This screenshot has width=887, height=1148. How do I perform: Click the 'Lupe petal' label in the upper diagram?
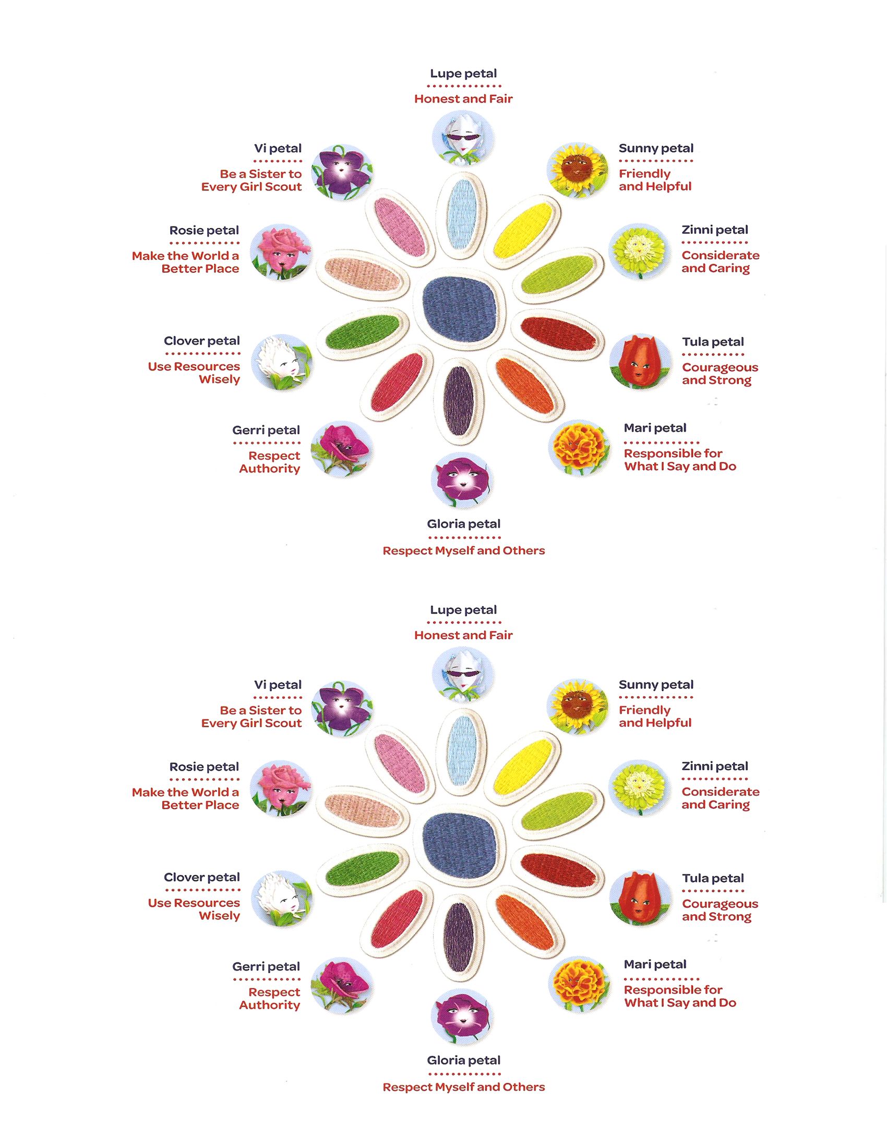pyautogui.click(x=463, y=74)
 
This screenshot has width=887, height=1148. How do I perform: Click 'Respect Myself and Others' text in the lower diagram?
pyautogui.click(x=464, y=1087)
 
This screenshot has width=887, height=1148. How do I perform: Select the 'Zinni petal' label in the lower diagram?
pyautogui.click(x=715, y=767)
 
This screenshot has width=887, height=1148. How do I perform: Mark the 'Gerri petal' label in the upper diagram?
pyautogui.click(x=267, y=430)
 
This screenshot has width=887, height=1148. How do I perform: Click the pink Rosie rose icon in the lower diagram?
pyautogui.click(x=281, y=788)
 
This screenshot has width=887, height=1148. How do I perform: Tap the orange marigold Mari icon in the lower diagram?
pyautogui.click(x=580, y=985)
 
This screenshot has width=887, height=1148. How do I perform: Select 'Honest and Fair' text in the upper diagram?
pyautogui.click(x=463, y=99)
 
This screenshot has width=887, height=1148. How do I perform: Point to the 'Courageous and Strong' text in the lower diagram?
pyautogui.click(x=721, y=911)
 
